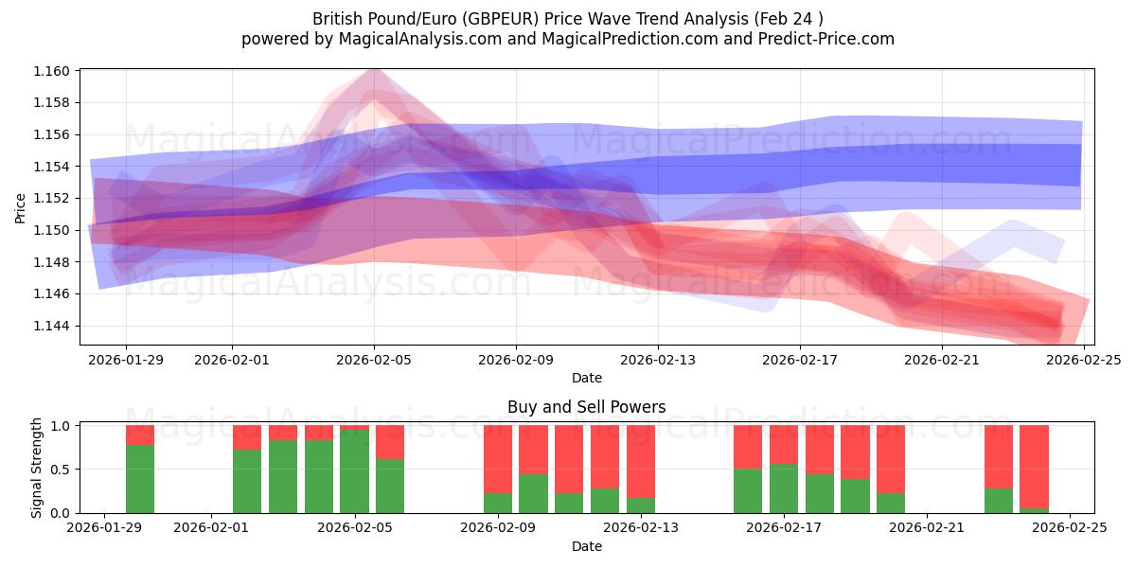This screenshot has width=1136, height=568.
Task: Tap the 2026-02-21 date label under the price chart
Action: point(942,360)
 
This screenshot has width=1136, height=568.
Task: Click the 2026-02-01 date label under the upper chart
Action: point(233,360)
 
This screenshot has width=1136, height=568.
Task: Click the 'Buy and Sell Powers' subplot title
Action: point(586,407)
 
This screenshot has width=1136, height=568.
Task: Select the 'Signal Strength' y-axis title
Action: point(37,468)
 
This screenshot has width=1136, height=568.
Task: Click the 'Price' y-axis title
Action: point(21,207)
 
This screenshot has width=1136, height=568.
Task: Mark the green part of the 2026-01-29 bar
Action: point(140,479)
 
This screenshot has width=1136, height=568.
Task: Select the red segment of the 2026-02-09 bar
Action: point(498,459)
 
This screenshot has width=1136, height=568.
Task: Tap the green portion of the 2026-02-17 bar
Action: point(784,488)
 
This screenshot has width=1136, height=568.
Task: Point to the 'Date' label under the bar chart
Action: point(586,546)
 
